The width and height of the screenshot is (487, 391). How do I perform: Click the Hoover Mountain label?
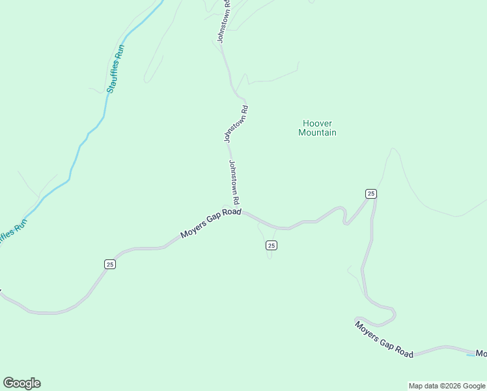pyautogui.click(x=317, y=128)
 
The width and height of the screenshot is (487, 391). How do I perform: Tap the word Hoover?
pyautogui.click(x=317, y=123)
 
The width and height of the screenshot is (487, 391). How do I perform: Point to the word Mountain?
pyautogui.click(x=317, y=133)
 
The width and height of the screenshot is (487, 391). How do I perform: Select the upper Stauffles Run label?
pyautogui.click(x=115, y=68)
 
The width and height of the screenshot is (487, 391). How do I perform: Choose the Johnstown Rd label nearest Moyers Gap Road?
pyautogui.click(x=234, y=182)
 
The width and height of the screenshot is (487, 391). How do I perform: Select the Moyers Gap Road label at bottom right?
pyautogui.click(x=384, y=338)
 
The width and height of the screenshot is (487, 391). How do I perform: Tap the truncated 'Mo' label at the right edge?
pyautogui.click(x=480, y=354)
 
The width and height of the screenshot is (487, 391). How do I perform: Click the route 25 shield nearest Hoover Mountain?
pyautogui.click(x=370, y=194)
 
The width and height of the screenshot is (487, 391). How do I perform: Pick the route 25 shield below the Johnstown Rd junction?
pyautogui.click(x=271, y=245)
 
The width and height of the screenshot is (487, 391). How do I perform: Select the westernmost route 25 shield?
pyautogui.click(x=110, y=264)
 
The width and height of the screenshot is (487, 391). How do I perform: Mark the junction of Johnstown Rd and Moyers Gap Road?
pyautogui.click(x=242, y=211)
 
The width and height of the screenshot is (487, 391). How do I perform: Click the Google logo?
pyautogui.click(x=21, y=383)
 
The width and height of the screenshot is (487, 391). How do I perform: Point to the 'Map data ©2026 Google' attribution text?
pyautogui.click(x=447, y=386)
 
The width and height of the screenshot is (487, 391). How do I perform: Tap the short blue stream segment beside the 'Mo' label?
pyautogui.click(x=470, y=355)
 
